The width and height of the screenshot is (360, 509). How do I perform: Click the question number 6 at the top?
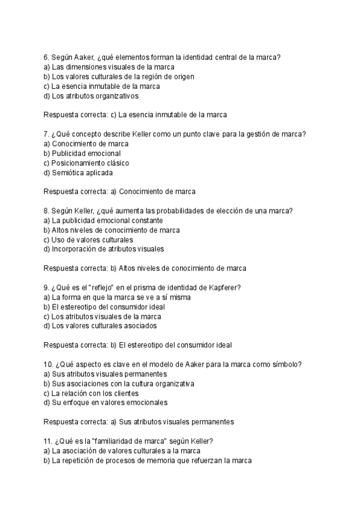[x=47, y=57]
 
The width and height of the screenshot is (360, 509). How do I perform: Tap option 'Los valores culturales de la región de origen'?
[x=122, y=76]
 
